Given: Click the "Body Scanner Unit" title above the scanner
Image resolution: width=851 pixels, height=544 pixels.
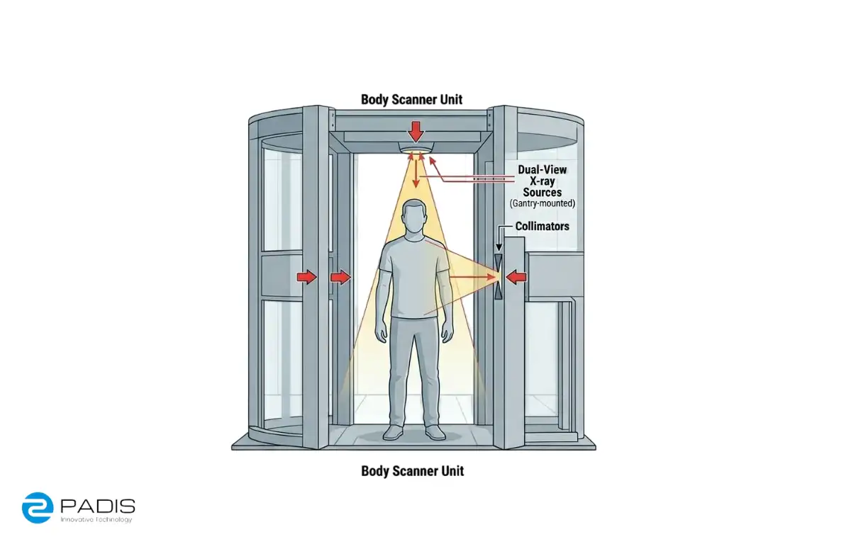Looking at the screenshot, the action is (411, 100).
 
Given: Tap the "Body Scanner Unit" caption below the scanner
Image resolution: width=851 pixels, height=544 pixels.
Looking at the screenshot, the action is (412, 471).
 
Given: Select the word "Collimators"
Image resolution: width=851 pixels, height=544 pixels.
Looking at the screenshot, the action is (542, 226).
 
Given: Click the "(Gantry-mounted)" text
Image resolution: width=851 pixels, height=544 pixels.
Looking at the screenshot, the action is (542, 203).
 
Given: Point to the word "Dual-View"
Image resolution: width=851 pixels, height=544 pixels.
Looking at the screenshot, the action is (542, 169).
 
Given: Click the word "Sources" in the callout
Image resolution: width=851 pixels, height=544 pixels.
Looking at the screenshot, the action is (542, 192).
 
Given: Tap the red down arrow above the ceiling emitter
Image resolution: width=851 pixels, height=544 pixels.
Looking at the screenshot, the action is (416, 132).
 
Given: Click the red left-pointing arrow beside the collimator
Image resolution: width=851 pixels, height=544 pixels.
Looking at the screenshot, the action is (516, 277).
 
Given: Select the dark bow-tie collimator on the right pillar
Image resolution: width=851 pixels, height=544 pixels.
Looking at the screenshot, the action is (499, 276).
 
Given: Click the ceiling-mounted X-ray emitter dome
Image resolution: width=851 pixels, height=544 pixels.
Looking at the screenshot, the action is (416, 147).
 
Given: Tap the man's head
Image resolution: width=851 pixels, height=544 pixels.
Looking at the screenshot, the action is (414, 219).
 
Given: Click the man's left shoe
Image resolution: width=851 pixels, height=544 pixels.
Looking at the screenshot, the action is (435, 433).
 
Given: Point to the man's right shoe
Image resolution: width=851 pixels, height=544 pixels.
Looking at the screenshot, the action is (393, 433).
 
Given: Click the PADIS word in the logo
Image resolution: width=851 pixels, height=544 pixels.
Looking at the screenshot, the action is (98, 506).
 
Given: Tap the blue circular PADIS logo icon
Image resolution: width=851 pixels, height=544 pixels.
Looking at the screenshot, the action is (37, 508).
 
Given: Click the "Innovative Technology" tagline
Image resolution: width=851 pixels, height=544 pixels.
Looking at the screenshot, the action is (96, 520).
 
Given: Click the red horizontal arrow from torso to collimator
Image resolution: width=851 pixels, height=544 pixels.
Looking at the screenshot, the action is (472, 277).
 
